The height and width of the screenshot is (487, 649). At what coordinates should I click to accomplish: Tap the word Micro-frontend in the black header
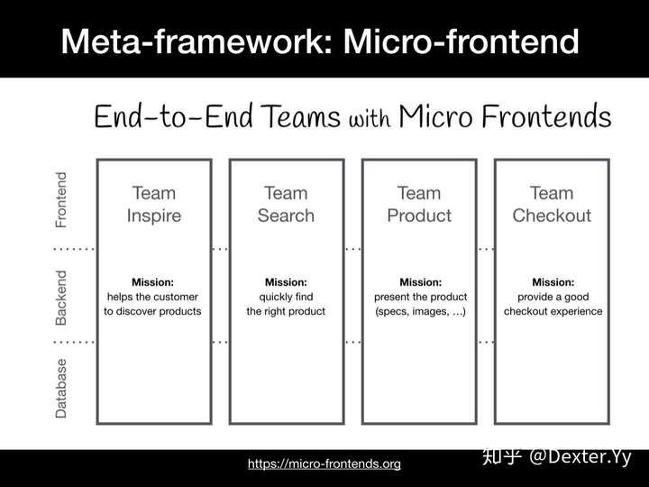[x=462, y=41]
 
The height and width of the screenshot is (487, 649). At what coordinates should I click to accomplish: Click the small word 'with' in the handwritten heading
[x=370, y=119]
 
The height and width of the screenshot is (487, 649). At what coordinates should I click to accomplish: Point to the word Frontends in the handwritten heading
[x=546, y=116]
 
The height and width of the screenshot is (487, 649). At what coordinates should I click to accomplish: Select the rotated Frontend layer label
[x=61, y=200]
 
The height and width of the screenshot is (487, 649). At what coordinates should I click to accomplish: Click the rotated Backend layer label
[x=61, y=298]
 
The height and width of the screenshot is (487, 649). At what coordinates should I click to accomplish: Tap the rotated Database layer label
[x=61, y=389]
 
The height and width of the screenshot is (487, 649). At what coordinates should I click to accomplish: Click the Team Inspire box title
[x=154, y=205]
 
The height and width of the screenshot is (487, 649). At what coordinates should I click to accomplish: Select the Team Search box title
[x=286, y=205]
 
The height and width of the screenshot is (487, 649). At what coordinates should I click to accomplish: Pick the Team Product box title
[x=419, y=205]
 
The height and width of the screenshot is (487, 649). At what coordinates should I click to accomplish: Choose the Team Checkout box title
[x=552, y=205]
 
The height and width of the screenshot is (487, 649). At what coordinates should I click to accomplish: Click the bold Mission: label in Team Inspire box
[x=152, y=282]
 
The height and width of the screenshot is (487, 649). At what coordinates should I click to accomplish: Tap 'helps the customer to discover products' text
[x=152, y=304]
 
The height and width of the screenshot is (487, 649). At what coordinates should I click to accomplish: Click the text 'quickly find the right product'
[x=286, y=304]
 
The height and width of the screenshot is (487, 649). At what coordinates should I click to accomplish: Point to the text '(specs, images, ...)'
[x=421, y=311]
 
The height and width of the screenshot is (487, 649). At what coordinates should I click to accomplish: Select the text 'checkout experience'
[x=553, y=311]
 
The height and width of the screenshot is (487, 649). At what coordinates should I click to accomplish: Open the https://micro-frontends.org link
[x=324, y=464]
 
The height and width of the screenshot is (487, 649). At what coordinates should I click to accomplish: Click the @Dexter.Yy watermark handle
[x=580, y=457]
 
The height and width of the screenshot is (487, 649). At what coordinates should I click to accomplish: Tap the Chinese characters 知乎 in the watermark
[x=502, y=456]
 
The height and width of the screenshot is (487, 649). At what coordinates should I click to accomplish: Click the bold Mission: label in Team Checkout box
[x=553, y=282]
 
